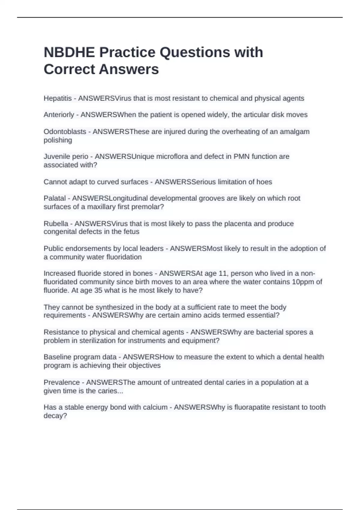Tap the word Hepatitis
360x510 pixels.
point(58,98)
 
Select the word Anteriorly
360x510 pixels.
point(59,115)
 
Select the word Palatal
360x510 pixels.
point(55,198)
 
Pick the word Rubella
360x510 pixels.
point(56,223)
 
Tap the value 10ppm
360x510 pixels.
point(303,282)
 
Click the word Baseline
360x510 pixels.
point(57,357)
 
